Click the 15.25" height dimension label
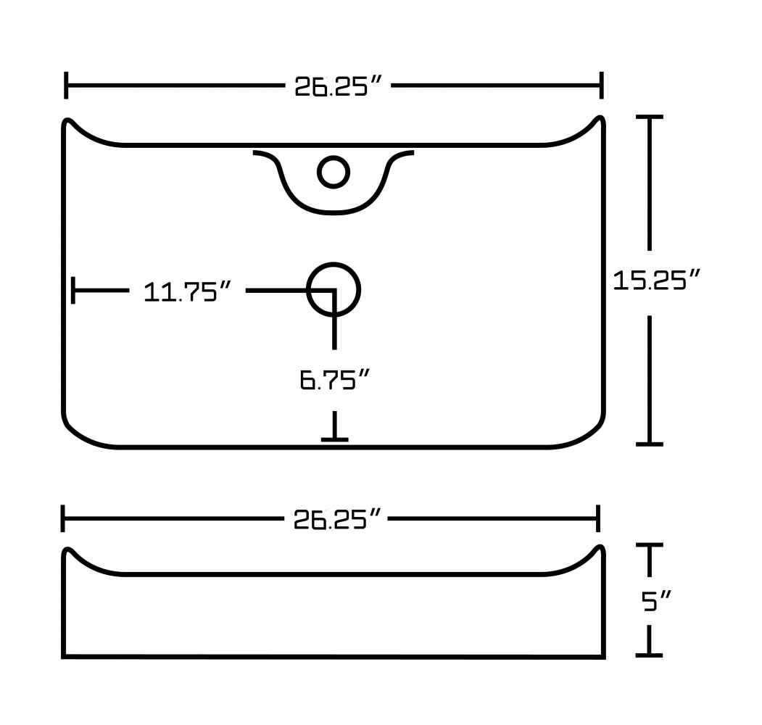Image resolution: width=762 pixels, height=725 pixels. [x=656, y=281]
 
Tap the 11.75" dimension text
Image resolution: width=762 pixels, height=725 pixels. [x=187, y=292]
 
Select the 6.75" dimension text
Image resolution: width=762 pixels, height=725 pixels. [x=334, y=379]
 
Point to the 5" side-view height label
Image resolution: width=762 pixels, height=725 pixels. [x=656, y=601]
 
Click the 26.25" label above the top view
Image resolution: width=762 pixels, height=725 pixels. [x=339, y=86]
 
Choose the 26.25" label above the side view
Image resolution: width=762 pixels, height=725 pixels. [x=337, y=519]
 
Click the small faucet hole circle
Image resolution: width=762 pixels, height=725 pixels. [x=334, y=172]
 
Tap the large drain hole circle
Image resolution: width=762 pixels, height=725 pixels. [x=334, y=289]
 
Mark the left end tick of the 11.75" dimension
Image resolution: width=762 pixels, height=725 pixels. [x=73, y=291]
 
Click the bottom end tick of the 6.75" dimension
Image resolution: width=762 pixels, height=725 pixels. [x=334, y=440]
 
